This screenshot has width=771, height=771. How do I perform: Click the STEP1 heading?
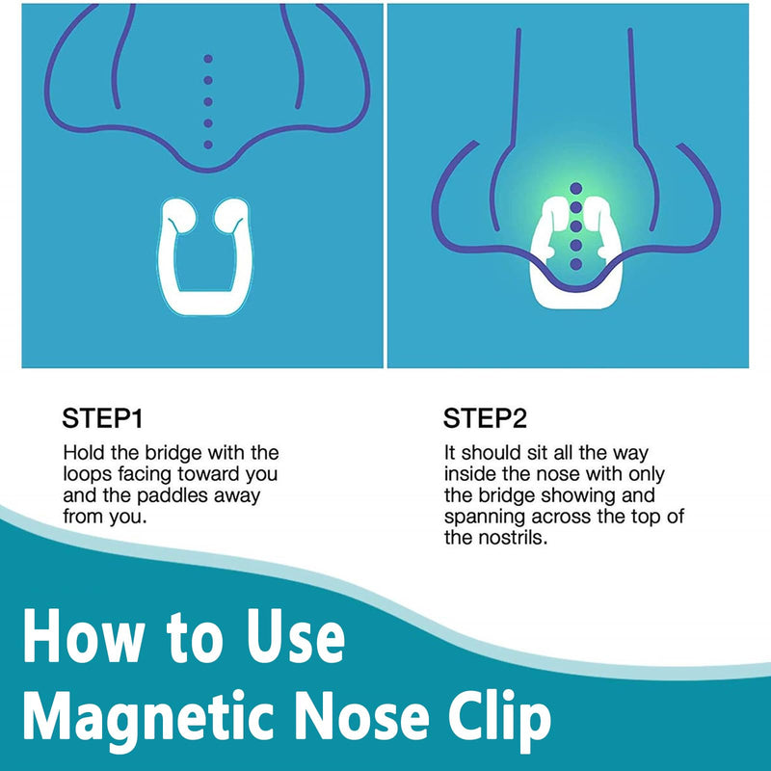(103, 419)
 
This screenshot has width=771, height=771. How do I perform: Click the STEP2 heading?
(486, 419)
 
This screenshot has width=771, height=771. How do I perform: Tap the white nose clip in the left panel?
(203, 288)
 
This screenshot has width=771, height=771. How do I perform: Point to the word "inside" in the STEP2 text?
(469, 474)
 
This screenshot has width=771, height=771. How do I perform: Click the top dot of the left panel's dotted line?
(207, 59)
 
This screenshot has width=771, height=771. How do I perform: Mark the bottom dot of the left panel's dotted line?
(207, 144)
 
